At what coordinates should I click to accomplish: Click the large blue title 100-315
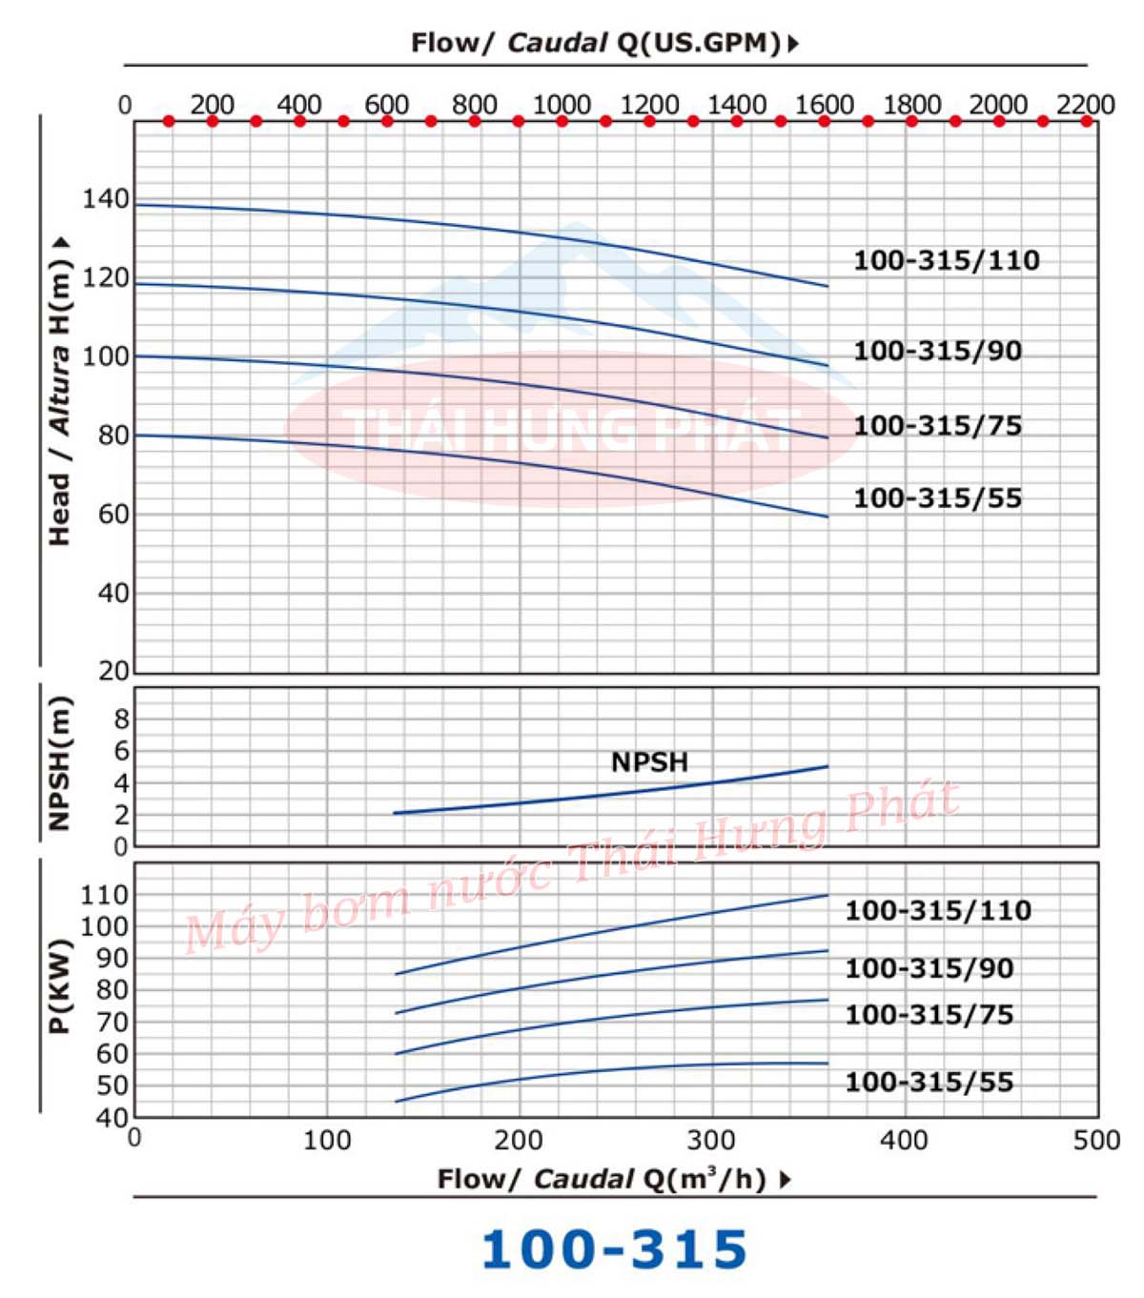point(614,1249)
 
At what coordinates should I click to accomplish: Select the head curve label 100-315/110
point(946,260)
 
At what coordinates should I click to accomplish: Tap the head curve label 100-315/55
point(937,497)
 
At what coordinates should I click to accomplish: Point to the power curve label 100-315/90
point(929,968)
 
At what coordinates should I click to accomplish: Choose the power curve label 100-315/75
point(929,1014)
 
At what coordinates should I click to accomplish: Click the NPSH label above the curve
point(649,761)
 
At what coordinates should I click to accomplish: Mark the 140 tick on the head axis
point(105,199)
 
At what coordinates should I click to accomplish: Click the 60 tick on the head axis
point(112,515)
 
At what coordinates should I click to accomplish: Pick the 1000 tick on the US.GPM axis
point(562,104)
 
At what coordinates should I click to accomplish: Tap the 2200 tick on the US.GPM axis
point(1085,104)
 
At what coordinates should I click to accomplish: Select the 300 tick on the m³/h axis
point(711,1140)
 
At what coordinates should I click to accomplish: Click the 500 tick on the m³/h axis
point(1096,1140)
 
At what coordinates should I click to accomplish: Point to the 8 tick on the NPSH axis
point(121,719)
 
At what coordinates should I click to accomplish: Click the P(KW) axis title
point(59,986)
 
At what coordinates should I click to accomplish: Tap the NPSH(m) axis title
point(59,763)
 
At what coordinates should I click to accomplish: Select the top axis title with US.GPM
point(604,43)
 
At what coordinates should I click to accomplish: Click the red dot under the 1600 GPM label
point(825,121)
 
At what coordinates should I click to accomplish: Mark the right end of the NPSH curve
point(827,766)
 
